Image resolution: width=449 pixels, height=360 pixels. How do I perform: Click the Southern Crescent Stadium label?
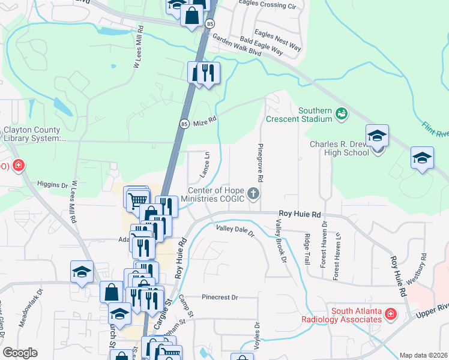tap(316, 115)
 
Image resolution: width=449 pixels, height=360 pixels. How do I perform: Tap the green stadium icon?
tap(342, 113)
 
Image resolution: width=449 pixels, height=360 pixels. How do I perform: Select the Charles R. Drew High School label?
tap(339, 148)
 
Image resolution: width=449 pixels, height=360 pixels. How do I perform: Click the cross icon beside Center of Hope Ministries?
tap(254, 193)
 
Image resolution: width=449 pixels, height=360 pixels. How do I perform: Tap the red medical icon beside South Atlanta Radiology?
tap(390, 313)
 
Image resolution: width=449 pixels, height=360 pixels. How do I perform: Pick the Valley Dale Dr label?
tap(235, 230)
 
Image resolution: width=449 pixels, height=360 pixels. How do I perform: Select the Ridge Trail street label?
tap(307, 250)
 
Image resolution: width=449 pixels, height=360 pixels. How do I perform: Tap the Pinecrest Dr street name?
tap(220, 297)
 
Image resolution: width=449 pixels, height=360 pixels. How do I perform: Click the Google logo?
tap(20, 353)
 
